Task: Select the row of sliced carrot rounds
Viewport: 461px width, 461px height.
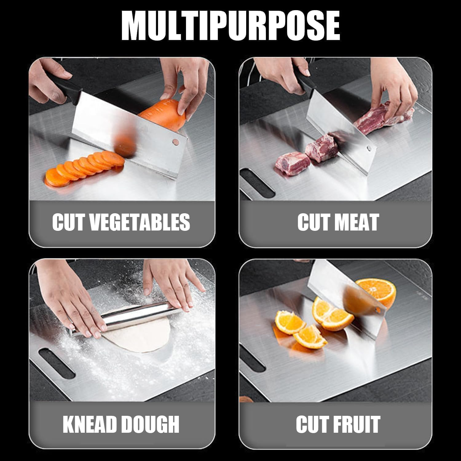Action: [83, 169]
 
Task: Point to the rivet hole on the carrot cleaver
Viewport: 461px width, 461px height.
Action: [175, 142]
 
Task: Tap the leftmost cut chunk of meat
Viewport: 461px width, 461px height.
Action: [292, 163]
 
